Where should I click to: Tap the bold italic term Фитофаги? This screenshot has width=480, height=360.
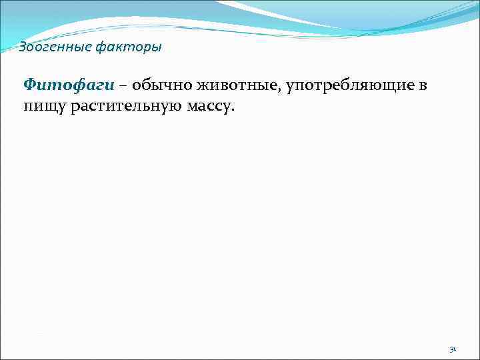click(x=69, y=85)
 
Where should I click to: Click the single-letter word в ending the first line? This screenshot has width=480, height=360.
click(x=423, y=87)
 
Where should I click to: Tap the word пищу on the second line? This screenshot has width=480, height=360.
click(x=42, y=107)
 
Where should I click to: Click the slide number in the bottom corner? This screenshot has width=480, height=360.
click(x=452, y=348)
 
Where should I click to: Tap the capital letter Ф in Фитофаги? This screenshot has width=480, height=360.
click(x=29, y=85)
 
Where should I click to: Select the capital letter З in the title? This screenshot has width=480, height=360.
click(x=22, y=47)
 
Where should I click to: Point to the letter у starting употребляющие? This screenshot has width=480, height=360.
click(x=291, y=87)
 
